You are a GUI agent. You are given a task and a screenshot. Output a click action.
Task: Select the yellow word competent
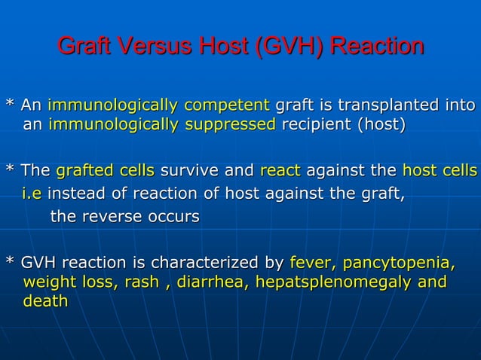click(x=227, y=104)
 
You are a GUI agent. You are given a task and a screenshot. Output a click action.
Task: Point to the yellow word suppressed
click(x=229, y=124)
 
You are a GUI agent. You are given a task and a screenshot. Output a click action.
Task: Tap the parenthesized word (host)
click(x=381, y=124)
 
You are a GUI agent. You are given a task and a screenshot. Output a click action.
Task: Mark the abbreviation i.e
click(x=32, y=197)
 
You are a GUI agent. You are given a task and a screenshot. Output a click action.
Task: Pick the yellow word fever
click(x=313, y=264)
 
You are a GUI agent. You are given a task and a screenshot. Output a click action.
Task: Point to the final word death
click(x=46, y=301)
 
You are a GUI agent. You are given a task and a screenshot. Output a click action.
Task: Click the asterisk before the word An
click(x=10, y=103)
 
